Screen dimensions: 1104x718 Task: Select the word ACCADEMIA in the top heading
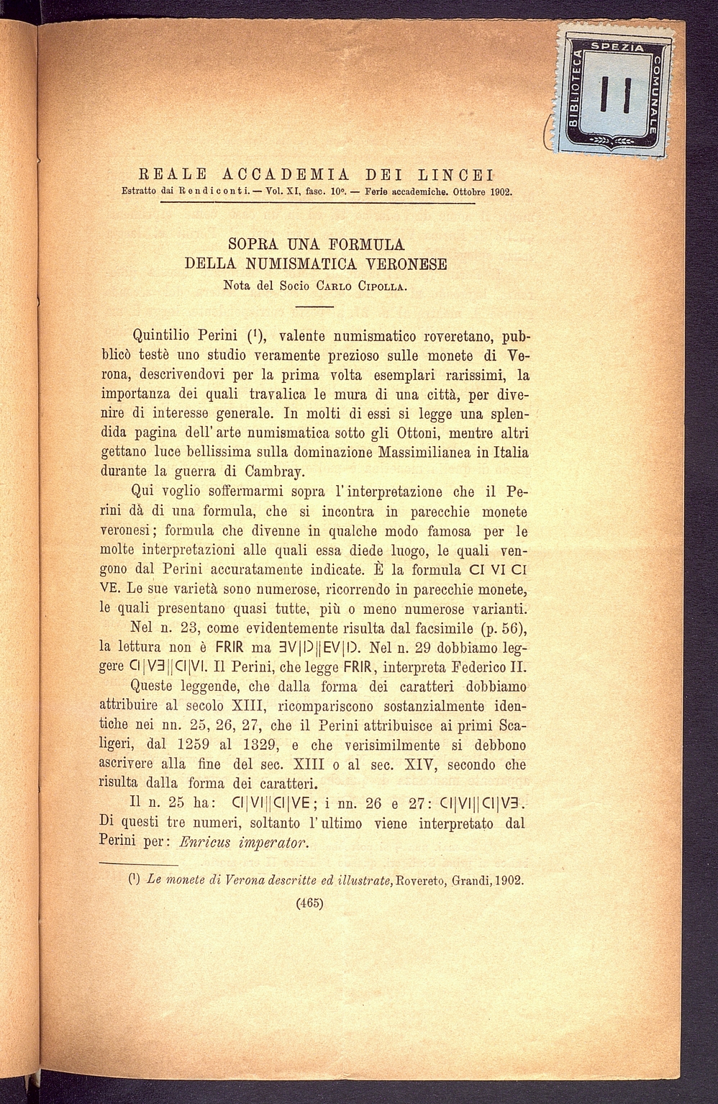[286, 174]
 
